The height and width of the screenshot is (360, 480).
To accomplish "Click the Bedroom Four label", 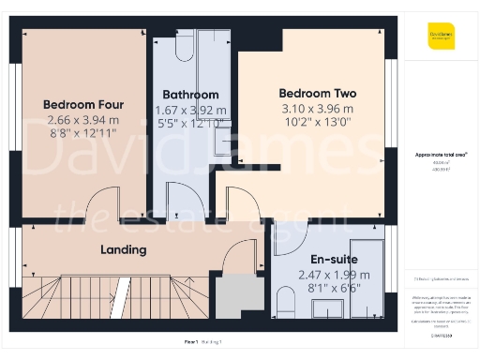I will coord(83,104).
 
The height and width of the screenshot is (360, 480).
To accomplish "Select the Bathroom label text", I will coord(190,95).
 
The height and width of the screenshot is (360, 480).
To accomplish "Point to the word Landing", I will coord(124,249).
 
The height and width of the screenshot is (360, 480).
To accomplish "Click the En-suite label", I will coord(335,258).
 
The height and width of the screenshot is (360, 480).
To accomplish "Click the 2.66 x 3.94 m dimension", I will coord(83,120).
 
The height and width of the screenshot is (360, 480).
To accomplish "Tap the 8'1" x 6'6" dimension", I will coord(335,290).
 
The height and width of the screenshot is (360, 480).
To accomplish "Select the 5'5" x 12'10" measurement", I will coord(190,123).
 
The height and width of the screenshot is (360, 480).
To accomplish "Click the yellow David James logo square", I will coord(442,36).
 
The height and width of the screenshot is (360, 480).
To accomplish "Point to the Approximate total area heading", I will coord(441,154).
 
